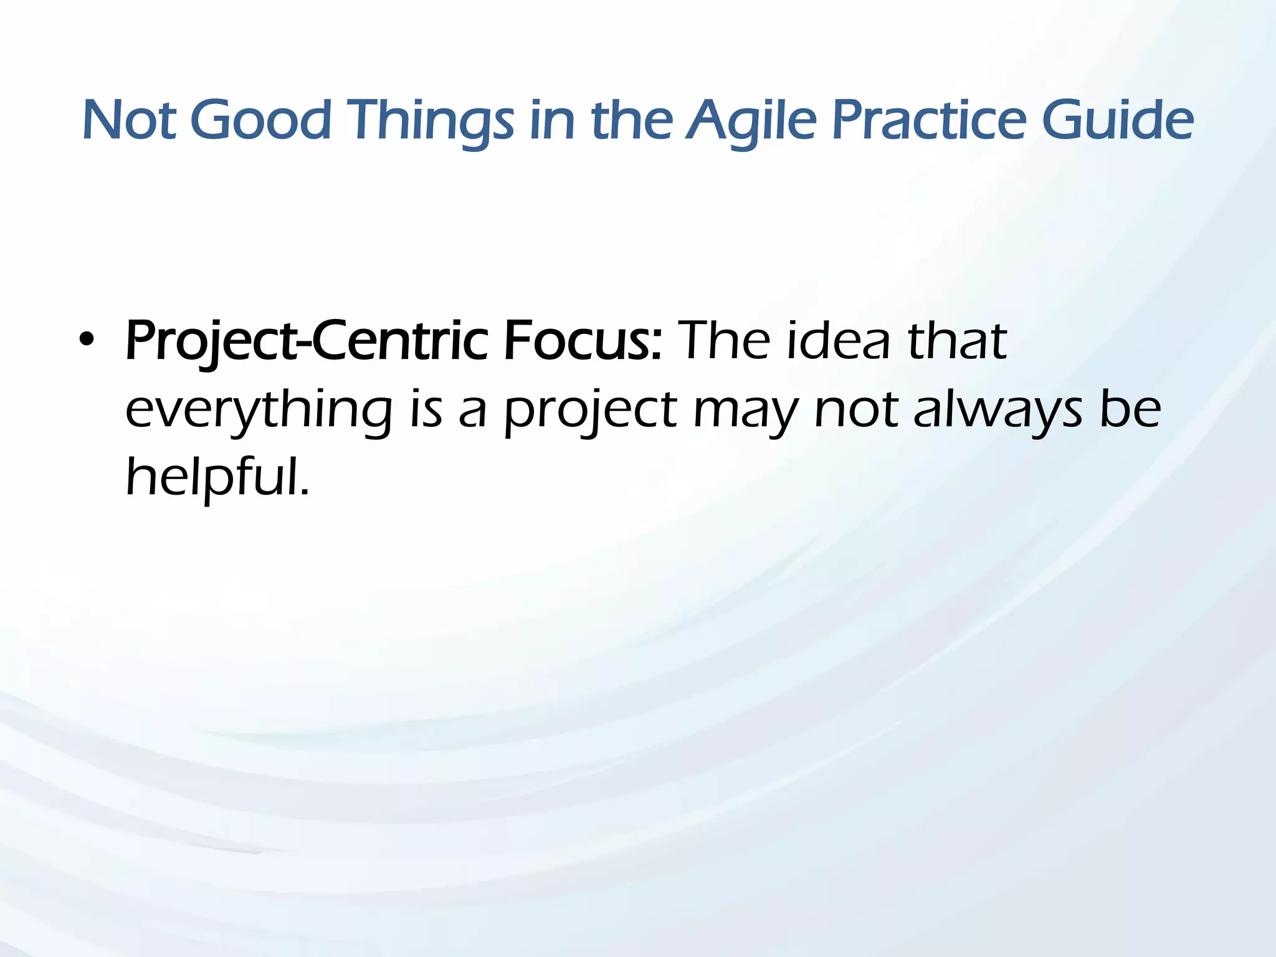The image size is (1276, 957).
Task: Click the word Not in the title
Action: coord(129,120)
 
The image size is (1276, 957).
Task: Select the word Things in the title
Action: coord(430,120)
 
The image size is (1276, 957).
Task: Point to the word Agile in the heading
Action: coord(751,120)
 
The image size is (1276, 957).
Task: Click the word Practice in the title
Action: coord(928,120)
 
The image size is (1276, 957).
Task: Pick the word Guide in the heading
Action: coord(1118,120)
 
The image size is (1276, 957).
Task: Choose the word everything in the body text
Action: coord(259,411)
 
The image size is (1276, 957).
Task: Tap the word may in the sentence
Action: coord(745,411)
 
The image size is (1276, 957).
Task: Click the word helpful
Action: coord(217,477)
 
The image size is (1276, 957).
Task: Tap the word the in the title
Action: coord(631,120)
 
